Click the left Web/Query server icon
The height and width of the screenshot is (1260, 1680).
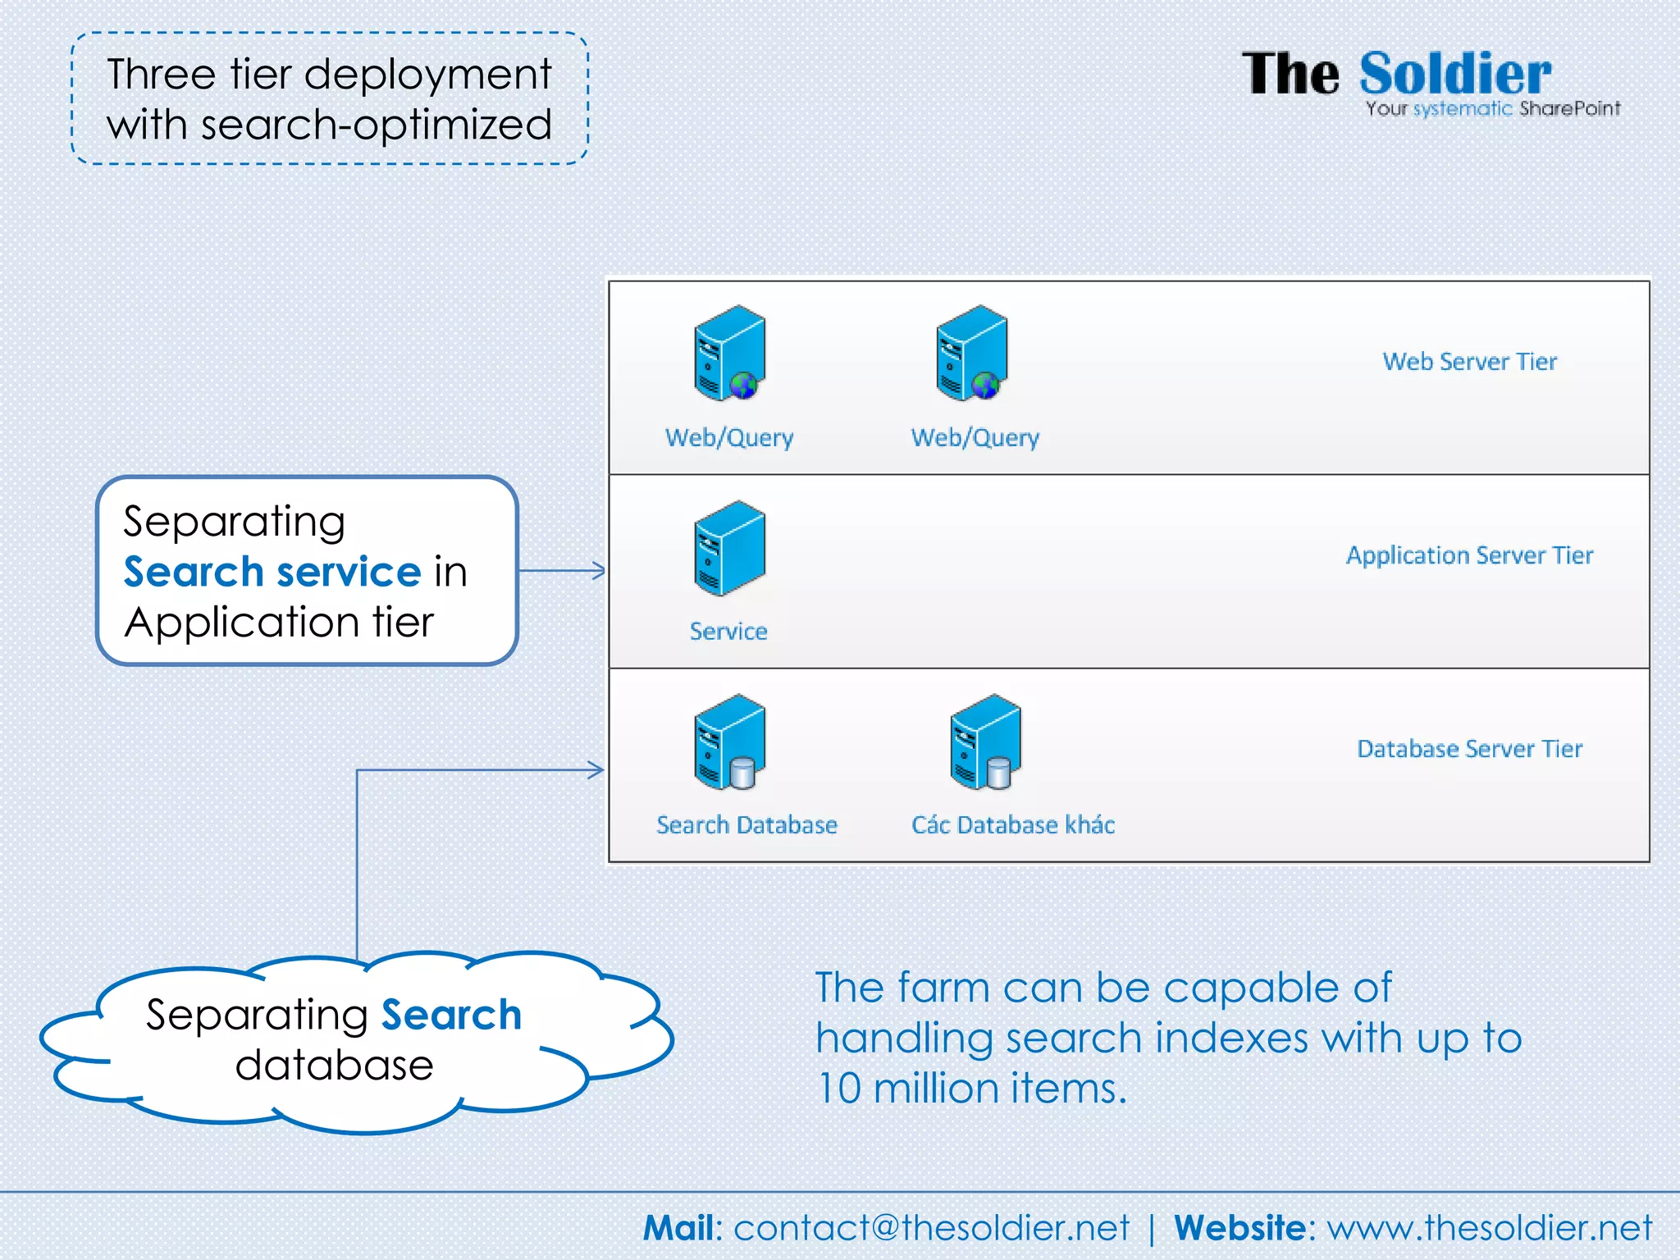click(729, 354)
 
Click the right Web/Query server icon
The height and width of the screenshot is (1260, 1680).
click(972, 354)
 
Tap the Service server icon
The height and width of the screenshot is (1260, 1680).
click(729, 548)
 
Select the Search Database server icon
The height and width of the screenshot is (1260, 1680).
click(729, 742)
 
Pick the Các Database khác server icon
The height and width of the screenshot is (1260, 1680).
click(985, 742)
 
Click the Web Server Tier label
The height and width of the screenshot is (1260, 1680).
click(1469, 362)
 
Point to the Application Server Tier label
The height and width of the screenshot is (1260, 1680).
click(1469, 555)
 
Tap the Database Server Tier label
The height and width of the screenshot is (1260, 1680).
click(1469, 749)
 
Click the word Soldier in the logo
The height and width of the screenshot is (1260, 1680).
click(1455, 75)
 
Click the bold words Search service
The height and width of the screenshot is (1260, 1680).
click(272, 572)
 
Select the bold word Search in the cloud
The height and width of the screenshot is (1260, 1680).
click(451, 1016)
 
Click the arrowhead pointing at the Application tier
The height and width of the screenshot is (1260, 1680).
click(599, 570)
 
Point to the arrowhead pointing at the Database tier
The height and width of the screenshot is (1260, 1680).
click(597, 769)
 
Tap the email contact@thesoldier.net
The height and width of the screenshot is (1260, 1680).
click(930, 1228)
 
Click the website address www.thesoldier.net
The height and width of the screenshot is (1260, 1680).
click(1489, 1228)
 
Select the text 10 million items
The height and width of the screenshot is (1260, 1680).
click(972, 1089)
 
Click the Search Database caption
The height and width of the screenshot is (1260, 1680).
click(746, 825)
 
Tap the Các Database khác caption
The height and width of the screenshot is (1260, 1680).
click(1013, 825)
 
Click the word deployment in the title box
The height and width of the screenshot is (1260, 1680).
click(427, 75)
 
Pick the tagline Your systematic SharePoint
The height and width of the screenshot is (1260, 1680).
click(1492, 109)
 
